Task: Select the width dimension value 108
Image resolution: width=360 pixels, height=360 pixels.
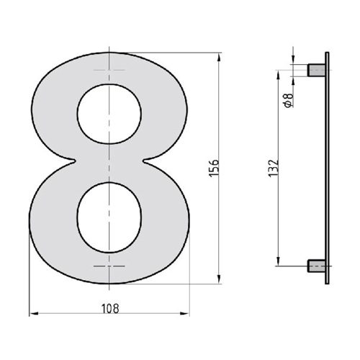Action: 109,308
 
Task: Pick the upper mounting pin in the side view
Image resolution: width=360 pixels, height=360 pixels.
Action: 315,70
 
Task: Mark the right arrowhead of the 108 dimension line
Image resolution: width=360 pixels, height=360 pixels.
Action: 189,314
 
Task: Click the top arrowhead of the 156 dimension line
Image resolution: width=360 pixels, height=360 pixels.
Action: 218,55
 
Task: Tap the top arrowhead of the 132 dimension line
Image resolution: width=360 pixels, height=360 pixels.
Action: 278,73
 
